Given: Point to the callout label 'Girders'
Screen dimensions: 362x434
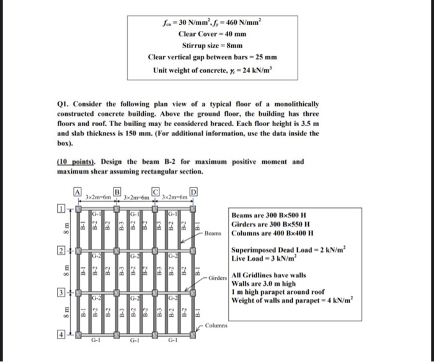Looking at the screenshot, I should pyautogui.click(x=218, y=278).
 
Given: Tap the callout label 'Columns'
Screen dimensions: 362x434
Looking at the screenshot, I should pyautogui.click(x=217, y=325).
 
